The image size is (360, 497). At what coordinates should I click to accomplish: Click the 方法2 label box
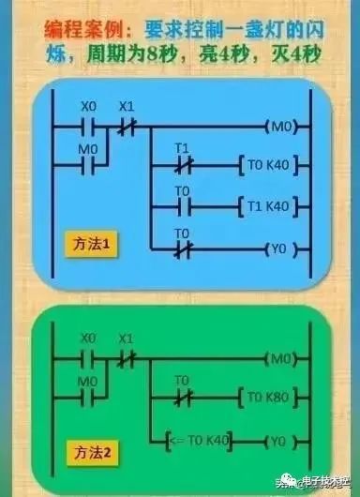tap(92, 452)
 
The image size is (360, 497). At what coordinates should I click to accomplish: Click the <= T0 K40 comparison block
tap(202, 439)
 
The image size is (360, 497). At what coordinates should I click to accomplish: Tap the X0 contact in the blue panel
tap(88, 126)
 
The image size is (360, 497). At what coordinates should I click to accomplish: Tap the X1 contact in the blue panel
tap(127, 126)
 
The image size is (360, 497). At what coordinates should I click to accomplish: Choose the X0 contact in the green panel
tap(88, 357)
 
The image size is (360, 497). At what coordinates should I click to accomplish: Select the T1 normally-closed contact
tap(183, 164)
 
